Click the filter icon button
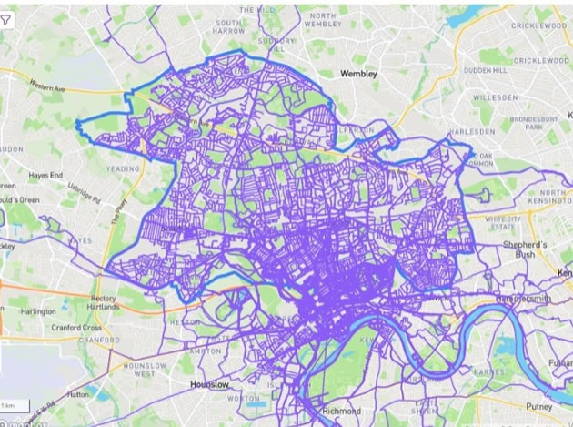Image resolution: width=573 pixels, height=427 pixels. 7,20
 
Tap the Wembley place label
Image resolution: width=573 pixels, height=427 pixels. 357,72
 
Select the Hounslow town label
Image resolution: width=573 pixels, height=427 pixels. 207,385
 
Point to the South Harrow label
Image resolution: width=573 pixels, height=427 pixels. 227,27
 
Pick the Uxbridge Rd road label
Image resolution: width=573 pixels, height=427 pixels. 85,192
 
